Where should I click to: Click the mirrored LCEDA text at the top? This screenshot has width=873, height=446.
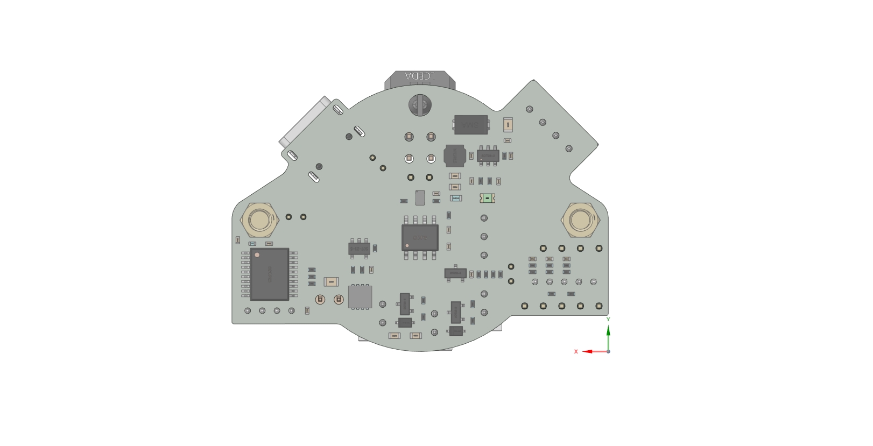point(420,76)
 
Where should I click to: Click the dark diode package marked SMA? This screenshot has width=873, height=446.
point(471,125)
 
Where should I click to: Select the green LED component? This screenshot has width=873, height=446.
point(487,199)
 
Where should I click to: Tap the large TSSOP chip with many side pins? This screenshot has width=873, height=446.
point(270,274)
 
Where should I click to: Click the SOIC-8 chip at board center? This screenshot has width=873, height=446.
point(420,237)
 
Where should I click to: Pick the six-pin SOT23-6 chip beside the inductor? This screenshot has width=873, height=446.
point(488,155)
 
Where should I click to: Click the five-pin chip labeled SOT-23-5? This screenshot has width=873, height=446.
point(359,249)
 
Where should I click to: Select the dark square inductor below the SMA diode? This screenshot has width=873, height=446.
point(455,155)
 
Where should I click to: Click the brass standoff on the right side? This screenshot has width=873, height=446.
point(580,220)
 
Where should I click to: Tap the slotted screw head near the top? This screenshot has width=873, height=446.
point(420,105)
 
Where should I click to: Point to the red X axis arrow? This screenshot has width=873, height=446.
point(592,351)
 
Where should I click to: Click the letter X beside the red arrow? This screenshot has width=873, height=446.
point(576,352)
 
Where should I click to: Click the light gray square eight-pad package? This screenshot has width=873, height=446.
point(360,296)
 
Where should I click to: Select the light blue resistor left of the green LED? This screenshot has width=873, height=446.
point(456,198)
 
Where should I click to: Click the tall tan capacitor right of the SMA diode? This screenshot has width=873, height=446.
point(508,125)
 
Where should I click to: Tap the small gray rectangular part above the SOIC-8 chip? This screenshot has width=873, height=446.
point(420,197)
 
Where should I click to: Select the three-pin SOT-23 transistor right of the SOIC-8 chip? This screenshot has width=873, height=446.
point(455,273)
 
